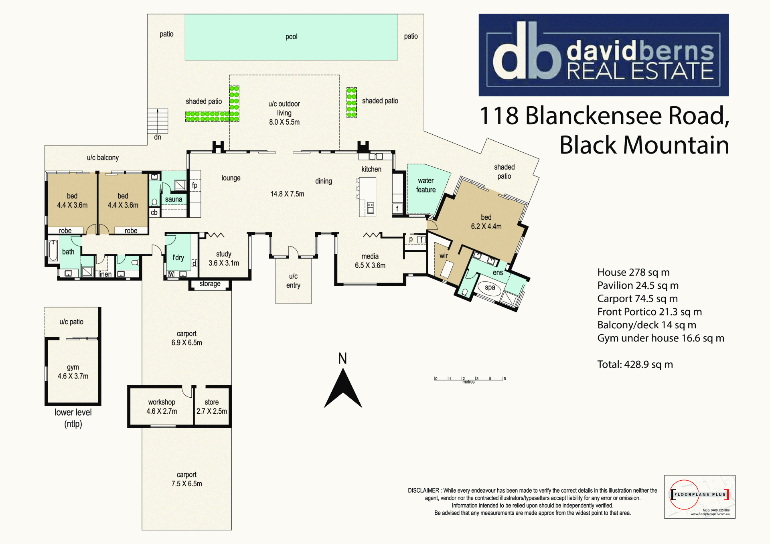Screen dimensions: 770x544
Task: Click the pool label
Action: (x=292, y=37)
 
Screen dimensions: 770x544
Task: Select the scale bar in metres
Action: (x=470, y=379)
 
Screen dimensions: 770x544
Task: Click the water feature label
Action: (x=426, y=185)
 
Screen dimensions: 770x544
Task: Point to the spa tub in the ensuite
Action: (x=490, y=288)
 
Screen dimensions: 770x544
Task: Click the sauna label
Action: (x=174, y=199)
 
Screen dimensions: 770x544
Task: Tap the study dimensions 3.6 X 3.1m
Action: (x=224, y=263)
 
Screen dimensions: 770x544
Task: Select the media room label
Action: (x=370, y=256)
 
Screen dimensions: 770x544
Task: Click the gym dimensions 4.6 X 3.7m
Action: (x=73, y=376)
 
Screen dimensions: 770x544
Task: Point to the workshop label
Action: (x=162, y=402)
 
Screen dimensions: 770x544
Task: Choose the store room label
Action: (x=212, y=402)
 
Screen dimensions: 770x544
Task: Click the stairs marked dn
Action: (x=158, y=121)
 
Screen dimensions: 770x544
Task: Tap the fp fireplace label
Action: (x=195, y=185)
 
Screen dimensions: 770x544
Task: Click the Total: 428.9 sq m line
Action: (x=635, y=364)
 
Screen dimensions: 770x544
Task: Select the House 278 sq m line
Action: (x=634, y=273)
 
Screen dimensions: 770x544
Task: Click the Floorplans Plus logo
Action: (x=700, y=497)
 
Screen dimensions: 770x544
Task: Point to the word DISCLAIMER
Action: (x=423, y=490)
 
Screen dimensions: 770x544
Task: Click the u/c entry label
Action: (x=293, y=281)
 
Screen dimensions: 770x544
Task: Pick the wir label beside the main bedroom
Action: (x=444, y=256)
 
